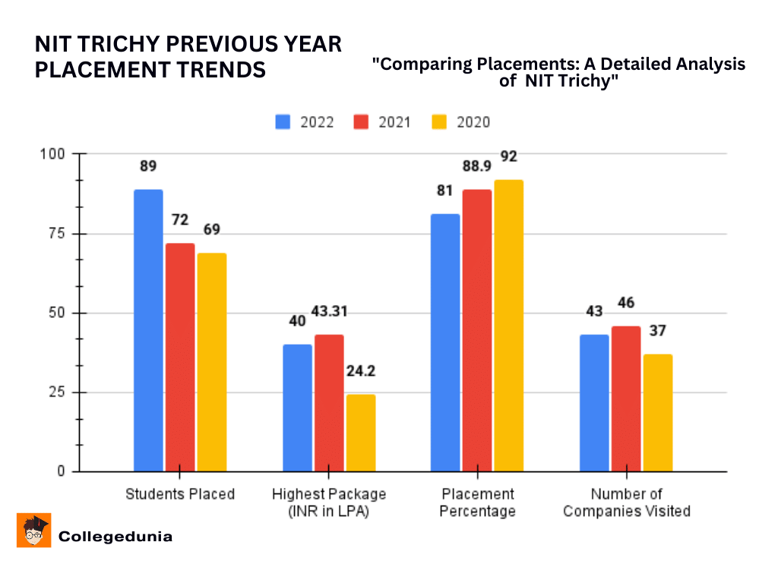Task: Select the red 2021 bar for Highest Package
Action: pos(328,403)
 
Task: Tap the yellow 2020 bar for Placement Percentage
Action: pos(509,326)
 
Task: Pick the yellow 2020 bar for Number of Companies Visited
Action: pos(657,413)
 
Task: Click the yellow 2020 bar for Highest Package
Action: pos(360,433)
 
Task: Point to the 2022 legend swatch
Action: pos(283,122)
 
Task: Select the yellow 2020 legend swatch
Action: pos(438,122)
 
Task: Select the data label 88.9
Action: pos(478,166)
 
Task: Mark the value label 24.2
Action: pos(361,372)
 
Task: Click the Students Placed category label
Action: pos(180,494)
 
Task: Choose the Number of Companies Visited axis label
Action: pos(627,503)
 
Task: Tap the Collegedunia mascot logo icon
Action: pos(33,530)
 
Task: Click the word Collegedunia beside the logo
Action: pos(115,537)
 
